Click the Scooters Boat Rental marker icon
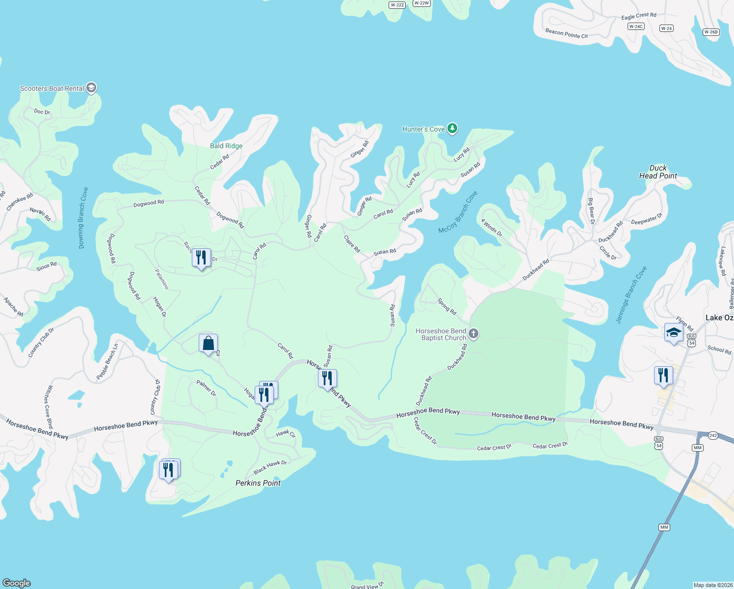91,88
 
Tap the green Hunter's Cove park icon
452,129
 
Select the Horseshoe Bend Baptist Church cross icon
473,334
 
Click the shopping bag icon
208,344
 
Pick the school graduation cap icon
674,333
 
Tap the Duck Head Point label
658,172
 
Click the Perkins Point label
258,483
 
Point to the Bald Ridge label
226,146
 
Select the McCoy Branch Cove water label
458,213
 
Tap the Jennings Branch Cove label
631,294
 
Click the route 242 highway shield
713,435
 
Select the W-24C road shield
636,27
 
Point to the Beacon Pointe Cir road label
566,33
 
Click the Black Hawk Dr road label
270,467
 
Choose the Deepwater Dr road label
647,219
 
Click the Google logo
17,583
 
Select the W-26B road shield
710,32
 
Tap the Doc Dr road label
42,112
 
